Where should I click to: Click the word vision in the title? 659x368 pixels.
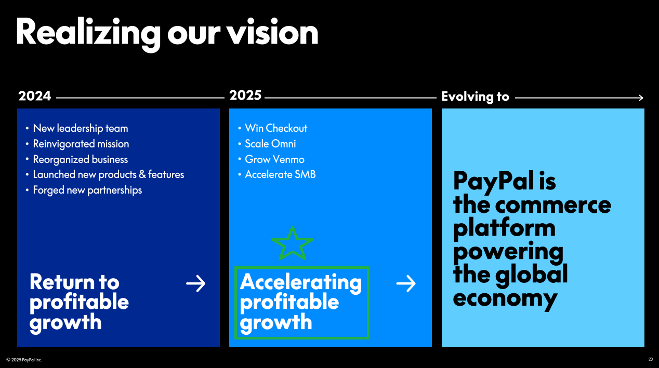pos(272,32)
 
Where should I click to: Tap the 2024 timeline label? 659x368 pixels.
pos(34,96)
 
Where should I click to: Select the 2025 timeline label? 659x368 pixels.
pos(245,95)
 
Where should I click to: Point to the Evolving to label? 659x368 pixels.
pos(475,97)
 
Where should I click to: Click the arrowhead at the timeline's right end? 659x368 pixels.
pos(641,98)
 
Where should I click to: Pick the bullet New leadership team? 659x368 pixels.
pos(81,128)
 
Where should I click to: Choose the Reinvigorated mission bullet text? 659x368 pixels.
pos(81,144)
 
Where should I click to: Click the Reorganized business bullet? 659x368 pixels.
pos(81,159)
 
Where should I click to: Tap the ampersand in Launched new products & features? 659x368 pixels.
pos(142,174)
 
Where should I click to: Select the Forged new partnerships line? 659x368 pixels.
pos(87,190)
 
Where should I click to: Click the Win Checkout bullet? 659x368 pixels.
pos(276,128)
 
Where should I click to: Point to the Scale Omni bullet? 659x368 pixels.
pos(270,144)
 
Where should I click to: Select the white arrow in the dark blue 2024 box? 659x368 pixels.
pos(195,283)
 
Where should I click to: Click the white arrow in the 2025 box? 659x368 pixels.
pos(406,283)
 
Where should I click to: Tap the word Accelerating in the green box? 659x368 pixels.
pos(301,282)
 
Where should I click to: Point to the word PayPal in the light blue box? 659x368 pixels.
pos(493,181)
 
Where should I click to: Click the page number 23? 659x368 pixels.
pos(651,359)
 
